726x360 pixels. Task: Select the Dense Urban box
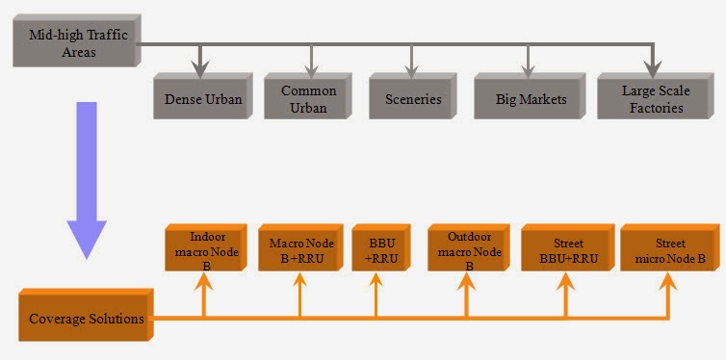pos(202,99)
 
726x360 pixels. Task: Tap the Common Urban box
pos(309,98)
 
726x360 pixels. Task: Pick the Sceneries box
pos(411,99)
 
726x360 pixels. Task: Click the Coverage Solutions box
pos(86,318)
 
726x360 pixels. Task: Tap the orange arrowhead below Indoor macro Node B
pos(204,284)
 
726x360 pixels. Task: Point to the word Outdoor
pos(469,237)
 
